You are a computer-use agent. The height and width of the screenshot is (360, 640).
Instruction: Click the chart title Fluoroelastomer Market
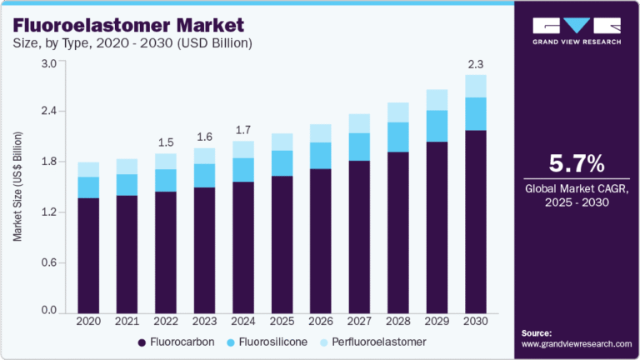(122, 23)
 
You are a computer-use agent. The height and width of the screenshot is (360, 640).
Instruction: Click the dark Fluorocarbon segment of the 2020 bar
(88, 254)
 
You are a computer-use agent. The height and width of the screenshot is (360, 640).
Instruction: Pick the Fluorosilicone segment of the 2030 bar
(476, 114)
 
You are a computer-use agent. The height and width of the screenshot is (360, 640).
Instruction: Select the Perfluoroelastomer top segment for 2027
(360, 123)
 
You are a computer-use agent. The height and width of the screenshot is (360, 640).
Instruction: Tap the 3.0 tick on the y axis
(48, 63)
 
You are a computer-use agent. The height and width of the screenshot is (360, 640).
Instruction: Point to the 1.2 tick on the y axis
(48, 212)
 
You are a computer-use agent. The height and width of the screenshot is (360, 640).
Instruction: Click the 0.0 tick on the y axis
(48, 311)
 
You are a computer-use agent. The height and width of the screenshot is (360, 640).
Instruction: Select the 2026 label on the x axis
(321, 322)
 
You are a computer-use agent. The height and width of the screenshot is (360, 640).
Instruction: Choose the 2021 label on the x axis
(127, 322)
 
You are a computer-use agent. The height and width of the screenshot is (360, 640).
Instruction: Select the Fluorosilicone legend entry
(266, 342)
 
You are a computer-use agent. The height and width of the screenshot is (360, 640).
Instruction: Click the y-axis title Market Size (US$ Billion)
(17, 187)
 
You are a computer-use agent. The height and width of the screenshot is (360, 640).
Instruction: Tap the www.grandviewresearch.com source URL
(576, 343)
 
